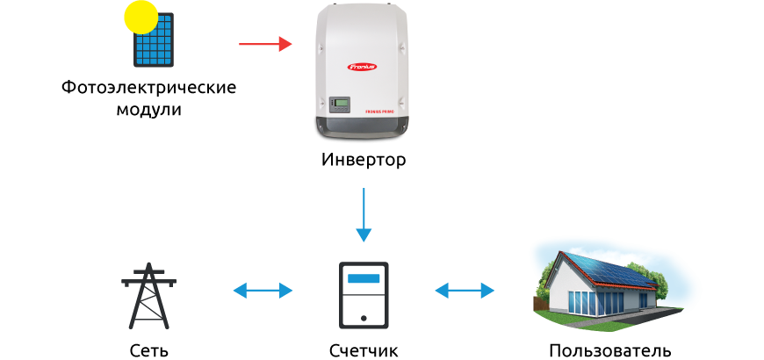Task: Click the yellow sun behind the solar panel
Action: [x=141, y=16]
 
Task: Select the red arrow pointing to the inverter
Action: [x=265, y=44]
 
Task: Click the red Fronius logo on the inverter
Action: [x=361, y=66]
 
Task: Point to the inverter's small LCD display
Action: [x=339, y=104]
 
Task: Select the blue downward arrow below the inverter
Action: [x=364, y=215]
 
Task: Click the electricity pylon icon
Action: [x=148, y=295]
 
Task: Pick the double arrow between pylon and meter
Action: [x=263, y=291]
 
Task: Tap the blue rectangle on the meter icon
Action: [x=364, y=279]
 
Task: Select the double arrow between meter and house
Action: [x=465, y=291]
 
